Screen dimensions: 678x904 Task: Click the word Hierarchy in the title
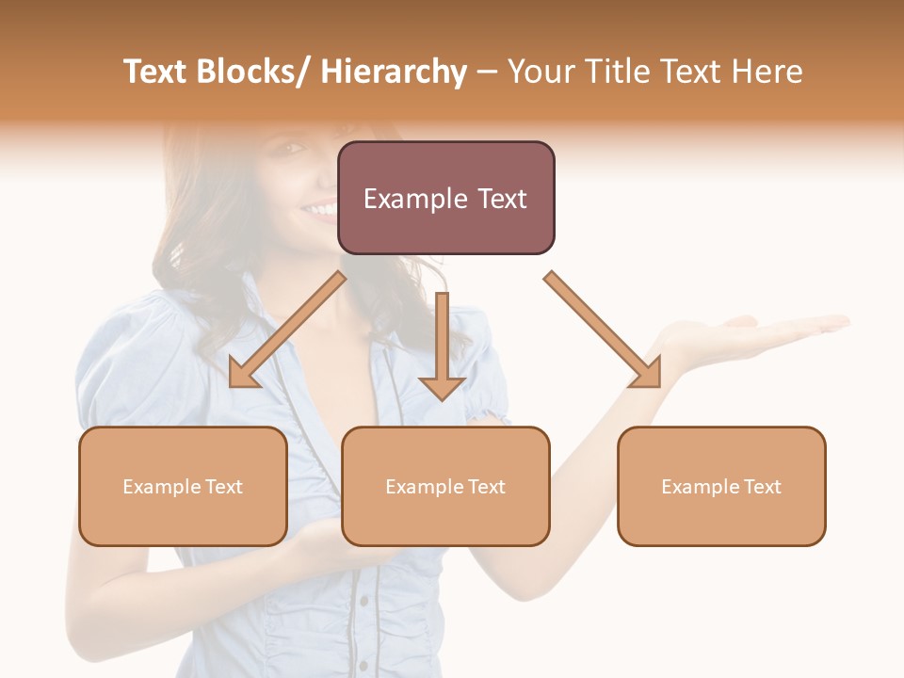click(x=394, y=72)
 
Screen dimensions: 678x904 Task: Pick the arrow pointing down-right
click(x=603, y=330)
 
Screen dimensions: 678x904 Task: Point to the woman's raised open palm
click(x=753, y=335)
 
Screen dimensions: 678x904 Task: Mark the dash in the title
click(x=487, y=72)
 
